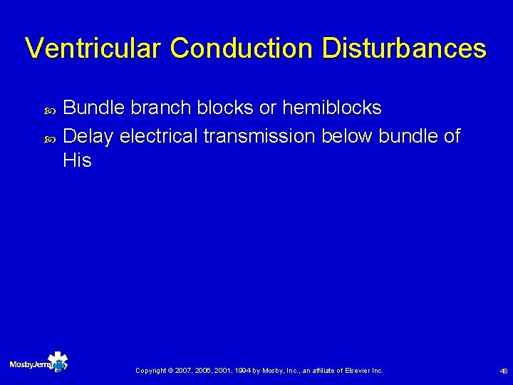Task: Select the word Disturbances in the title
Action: click(x=404, y=48)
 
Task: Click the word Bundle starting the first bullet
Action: click(x=94, y=108)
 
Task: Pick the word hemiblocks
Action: click(x=331, y=108)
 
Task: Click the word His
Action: click(x=77, y=161)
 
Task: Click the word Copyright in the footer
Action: click(x=151, y=371)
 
